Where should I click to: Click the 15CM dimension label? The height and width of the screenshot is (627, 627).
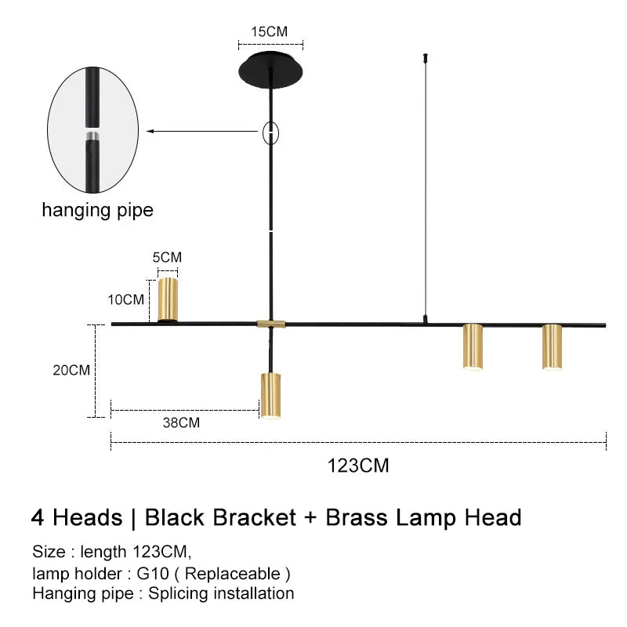269,32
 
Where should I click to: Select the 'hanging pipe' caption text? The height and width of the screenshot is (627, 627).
97,210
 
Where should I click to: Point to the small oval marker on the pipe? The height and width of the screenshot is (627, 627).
270,133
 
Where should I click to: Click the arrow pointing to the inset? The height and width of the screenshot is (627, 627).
204,132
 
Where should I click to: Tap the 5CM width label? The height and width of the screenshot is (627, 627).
167,257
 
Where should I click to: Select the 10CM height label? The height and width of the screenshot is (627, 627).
126,299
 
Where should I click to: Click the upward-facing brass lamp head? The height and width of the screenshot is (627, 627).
168,299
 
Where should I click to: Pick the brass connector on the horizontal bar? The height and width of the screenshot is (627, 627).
271,323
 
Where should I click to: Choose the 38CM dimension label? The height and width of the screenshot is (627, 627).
181,422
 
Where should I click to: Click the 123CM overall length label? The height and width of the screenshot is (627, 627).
358,465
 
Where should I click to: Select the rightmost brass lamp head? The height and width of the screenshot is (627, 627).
552,346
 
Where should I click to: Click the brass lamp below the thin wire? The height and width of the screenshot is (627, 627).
473,346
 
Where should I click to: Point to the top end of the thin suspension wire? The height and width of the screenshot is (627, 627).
425,56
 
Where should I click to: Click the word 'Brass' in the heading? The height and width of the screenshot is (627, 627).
357,517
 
